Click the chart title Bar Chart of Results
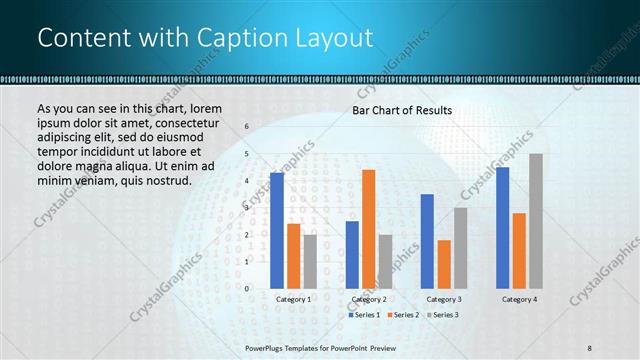tap(402, 110)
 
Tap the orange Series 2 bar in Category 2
tap(368, 229)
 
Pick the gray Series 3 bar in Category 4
tap(536, 221)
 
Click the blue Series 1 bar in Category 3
tap(427, 241)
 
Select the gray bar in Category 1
tap(310, 261)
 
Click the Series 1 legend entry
tap(364, 315)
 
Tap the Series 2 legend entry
tap(403, 315)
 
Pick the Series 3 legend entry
tap(442, 315)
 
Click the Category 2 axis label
tap(368, 299)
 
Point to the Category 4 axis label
tap(519, 299)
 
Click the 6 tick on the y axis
tap(246, 127)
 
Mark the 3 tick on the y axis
tap(246, 208)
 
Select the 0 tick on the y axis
tap(246, 288)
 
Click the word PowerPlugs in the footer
tap(266, 348)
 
